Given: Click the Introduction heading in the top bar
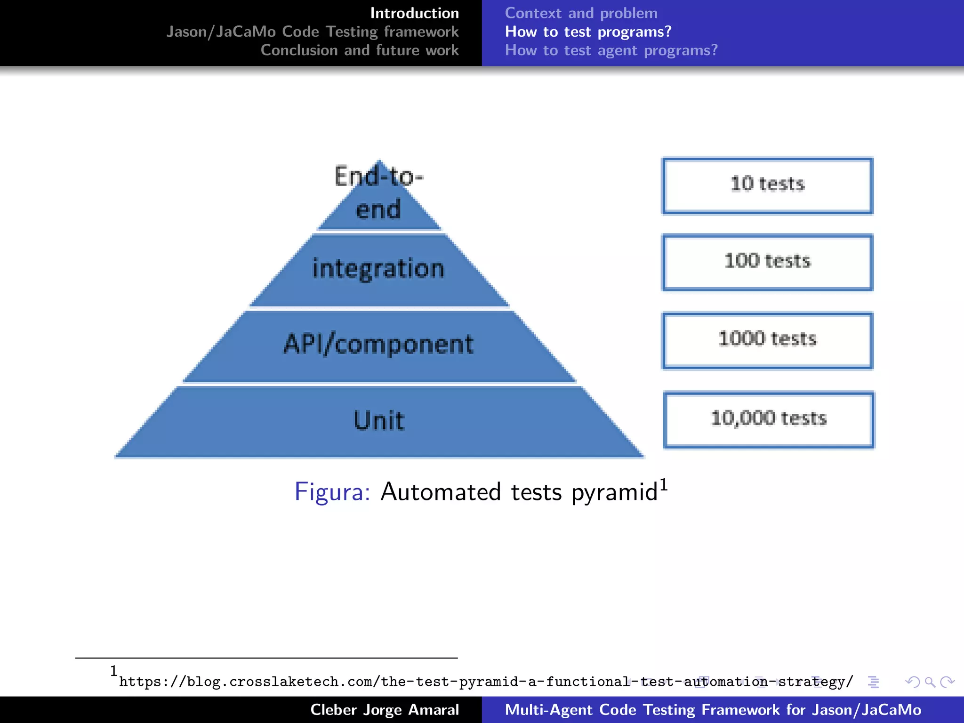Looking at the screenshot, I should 414,13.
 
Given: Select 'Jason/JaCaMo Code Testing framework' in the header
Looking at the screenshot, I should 312,32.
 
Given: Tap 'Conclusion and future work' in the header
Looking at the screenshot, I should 360,50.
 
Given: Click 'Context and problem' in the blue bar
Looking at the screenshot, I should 581,13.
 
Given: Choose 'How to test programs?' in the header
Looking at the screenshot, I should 588,32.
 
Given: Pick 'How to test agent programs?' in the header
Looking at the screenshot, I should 611,50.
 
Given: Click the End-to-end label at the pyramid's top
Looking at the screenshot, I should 379,193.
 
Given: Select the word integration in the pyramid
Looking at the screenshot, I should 378,269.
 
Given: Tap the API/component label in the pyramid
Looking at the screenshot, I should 378,344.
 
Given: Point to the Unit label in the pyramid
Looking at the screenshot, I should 379,420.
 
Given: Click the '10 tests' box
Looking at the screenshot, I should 767,185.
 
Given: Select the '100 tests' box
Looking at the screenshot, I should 767,262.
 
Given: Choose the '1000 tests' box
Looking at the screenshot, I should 767,340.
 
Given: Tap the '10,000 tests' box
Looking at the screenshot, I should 769,419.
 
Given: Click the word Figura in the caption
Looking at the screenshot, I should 332,492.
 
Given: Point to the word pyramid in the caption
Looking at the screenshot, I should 614,492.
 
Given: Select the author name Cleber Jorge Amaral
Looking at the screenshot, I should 384,710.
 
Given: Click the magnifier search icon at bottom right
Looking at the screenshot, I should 930,682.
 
